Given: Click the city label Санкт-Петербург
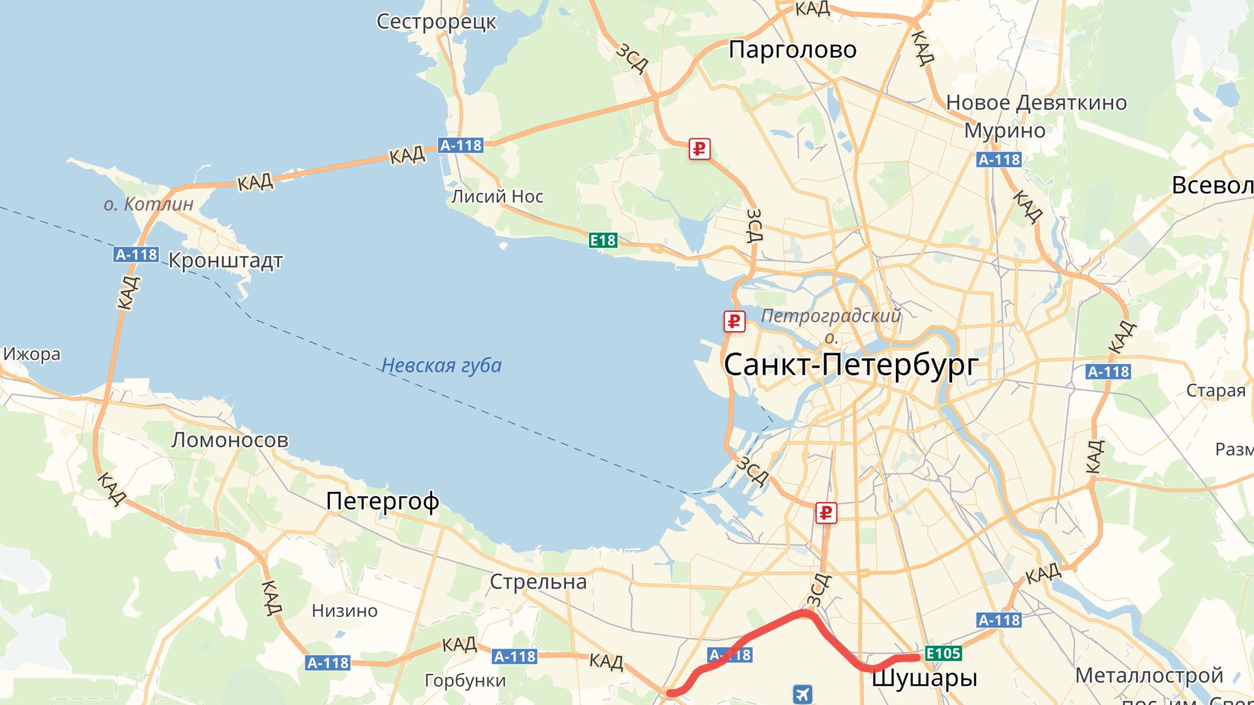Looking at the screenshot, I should [851, 365].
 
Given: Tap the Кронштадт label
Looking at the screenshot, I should [225, 261].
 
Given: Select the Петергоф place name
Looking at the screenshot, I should [382, 501].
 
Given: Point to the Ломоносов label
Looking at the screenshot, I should [230, 440].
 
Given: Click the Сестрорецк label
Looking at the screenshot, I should [436, 21].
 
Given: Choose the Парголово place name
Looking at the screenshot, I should [792, 50].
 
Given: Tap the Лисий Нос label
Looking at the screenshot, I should [497, 196].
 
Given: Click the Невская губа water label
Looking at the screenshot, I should [441, 365].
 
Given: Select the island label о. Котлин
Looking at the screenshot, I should [148, 204].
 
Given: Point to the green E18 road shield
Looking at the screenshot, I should [603, 241].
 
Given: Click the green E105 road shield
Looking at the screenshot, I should [943, 654].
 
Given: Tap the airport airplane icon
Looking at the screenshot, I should [802, 694].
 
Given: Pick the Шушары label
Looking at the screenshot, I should [924, 678].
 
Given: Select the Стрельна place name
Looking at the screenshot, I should [538, 582].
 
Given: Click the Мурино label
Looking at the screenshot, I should [1005, 130].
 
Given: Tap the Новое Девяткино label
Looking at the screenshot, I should [1036, 103].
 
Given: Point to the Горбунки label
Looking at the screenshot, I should [465, 681].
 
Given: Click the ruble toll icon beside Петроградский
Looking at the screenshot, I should [734, 321].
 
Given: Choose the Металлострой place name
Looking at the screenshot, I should [1149, 676].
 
